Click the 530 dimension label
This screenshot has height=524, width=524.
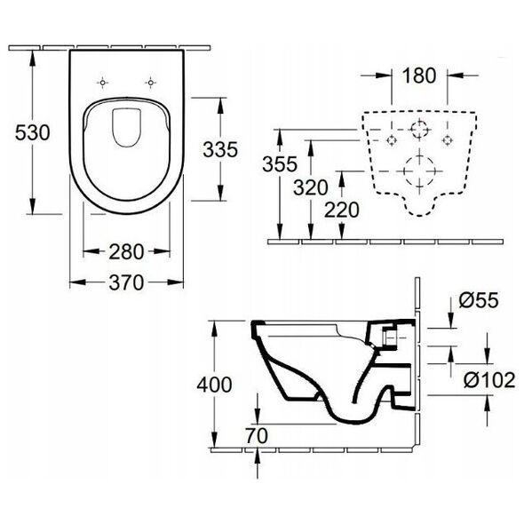pos(32,132)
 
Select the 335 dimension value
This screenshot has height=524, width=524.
pos(220,149)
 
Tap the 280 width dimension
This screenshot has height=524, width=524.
pos(126,251)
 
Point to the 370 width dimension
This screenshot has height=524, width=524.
pos(126,282)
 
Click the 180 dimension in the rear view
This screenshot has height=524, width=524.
pos(419,75)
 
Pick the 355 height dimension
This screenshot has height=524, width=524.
pos(280,164)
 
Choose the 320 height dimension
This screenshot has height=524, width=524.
pos(311,187)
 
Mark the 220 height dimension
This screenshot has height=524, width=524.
pos(342,210)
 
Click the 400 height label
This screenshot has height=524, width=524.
pos(214,385)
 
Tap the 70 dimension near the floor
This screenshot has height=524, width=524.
pos(257,435)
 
